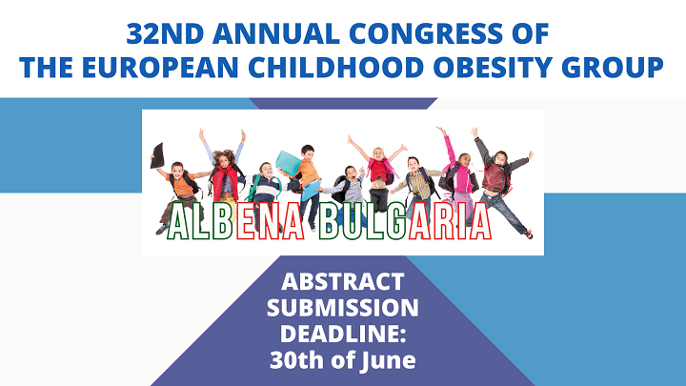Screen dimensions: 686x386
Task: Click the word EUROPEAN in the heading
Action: point(160,68)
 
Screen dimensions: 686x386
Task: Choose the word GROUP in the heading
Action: point(613,68)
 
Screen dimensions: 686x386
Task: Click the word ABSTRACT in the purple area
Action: point(343,281)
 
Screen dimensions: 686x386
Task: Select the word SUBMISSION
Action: point(343,308)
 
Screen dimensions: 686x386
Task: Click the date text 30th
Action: point(297,360)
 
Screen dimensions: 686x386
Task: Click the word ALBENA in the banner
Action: point(236,222)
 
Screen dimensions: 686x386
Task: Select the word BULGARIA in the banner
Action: point(405,222)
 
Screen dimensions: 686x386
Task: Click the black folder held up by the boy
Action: point(157,155)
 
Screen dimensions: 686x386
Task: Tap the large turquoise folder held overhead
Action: point(289,164)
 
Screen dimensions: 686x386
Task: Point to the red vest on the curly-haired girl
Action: point(226,182)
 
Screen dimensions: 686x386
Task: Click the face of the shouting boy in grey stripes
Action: point(351,173)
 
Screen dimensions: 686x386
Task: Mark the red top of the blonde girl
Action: point(378,172)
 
